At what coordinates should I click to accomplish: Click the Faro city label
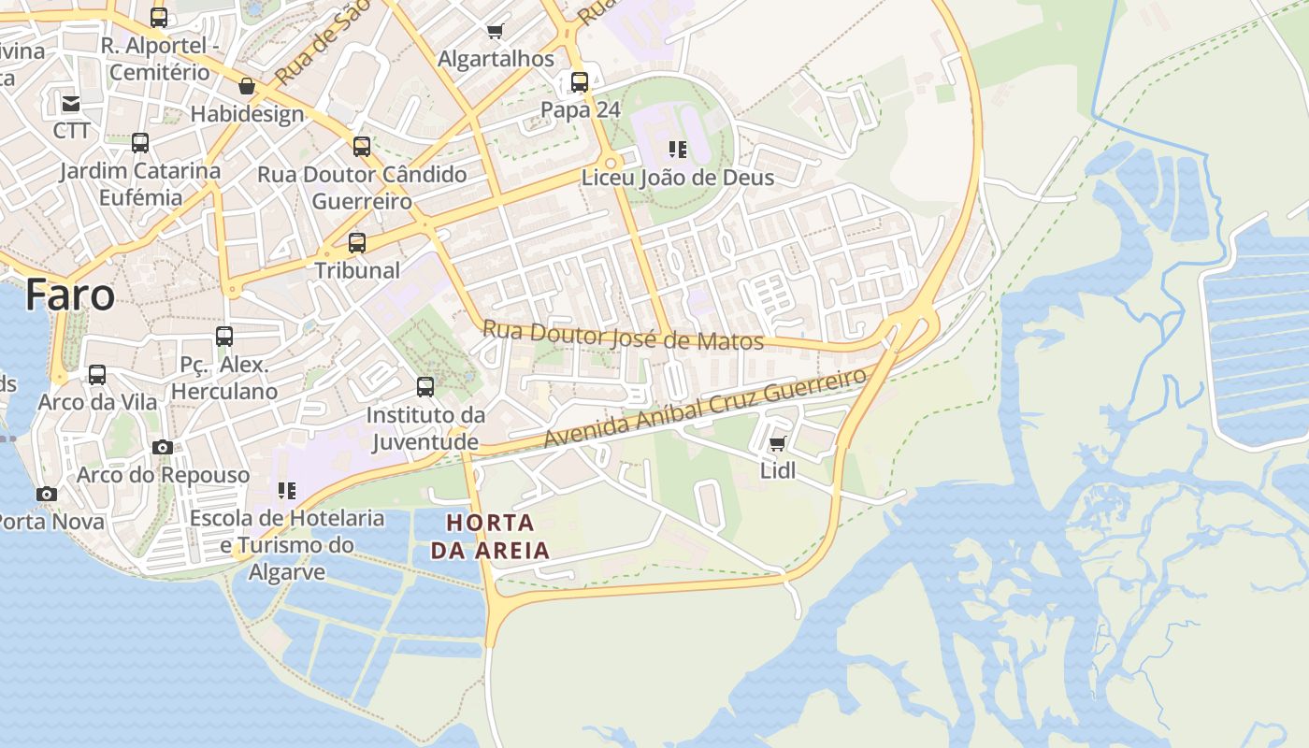coord(70,295)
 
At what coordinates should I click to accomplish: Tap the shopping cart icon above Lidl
coord(777,444)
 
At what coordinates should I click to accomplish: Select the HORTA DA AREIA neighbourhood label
coord(490,536)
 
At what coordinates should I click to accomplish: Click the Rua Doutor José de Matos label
coord(623,336)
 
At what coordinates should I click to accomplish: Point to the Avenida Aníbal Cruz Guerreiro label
coord(705,407)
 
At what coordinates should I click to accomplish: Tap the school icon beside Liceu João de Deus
coord(678,149)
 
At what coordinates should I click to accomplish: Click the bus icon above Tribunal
coord(357,243)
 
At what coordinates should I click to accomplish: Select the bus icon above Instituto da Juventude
coord(425,386)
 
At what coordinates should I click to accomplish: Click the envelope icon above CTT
coord(71,103)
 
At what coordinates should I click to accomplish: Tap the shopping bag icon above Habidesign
coord(247,87)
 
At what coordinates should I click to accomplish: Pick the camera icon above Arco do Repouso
coord(163,448)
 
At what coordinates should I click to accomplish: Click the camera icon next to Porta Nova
coord(47,494)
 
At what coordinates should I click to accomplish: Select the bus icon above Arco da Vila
coord(97,375)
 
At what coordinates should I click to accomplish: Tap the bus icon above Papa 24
coord(580,82)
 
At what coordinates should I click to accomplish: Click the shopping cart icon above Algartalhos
coord(496,32)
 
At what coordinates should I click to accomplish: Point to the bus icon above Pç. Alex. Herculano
coord(224,337)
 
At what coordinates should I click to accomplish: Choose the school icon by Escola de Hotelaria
coord(286,490)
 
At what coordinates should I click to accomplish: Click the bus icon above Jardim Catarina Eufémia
coord(140,143)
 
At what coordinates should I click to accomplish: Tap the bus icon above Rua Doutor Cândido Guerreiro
coord(362,147)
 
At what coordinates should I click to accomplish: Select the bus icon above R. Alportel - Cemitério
coord(159,17)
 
